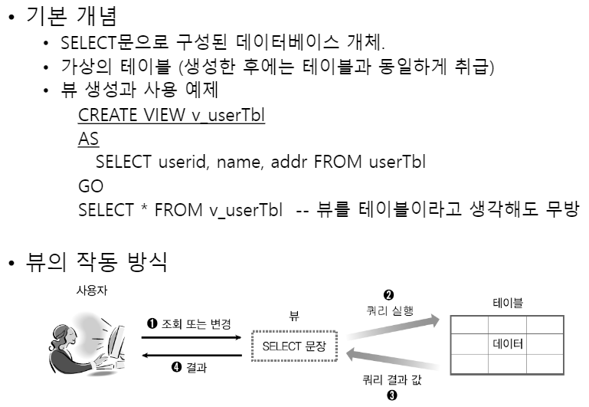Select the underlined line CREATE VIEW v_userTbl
point(171,117)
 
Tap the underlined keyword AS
point(88,139)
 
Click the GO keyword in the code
point(90,186)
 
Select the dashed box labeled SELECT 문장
point(294,346)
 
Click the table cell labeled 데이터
point(507,344)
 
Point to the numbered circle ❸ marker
point(392,396)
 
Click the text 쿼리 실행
point(389,310)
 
